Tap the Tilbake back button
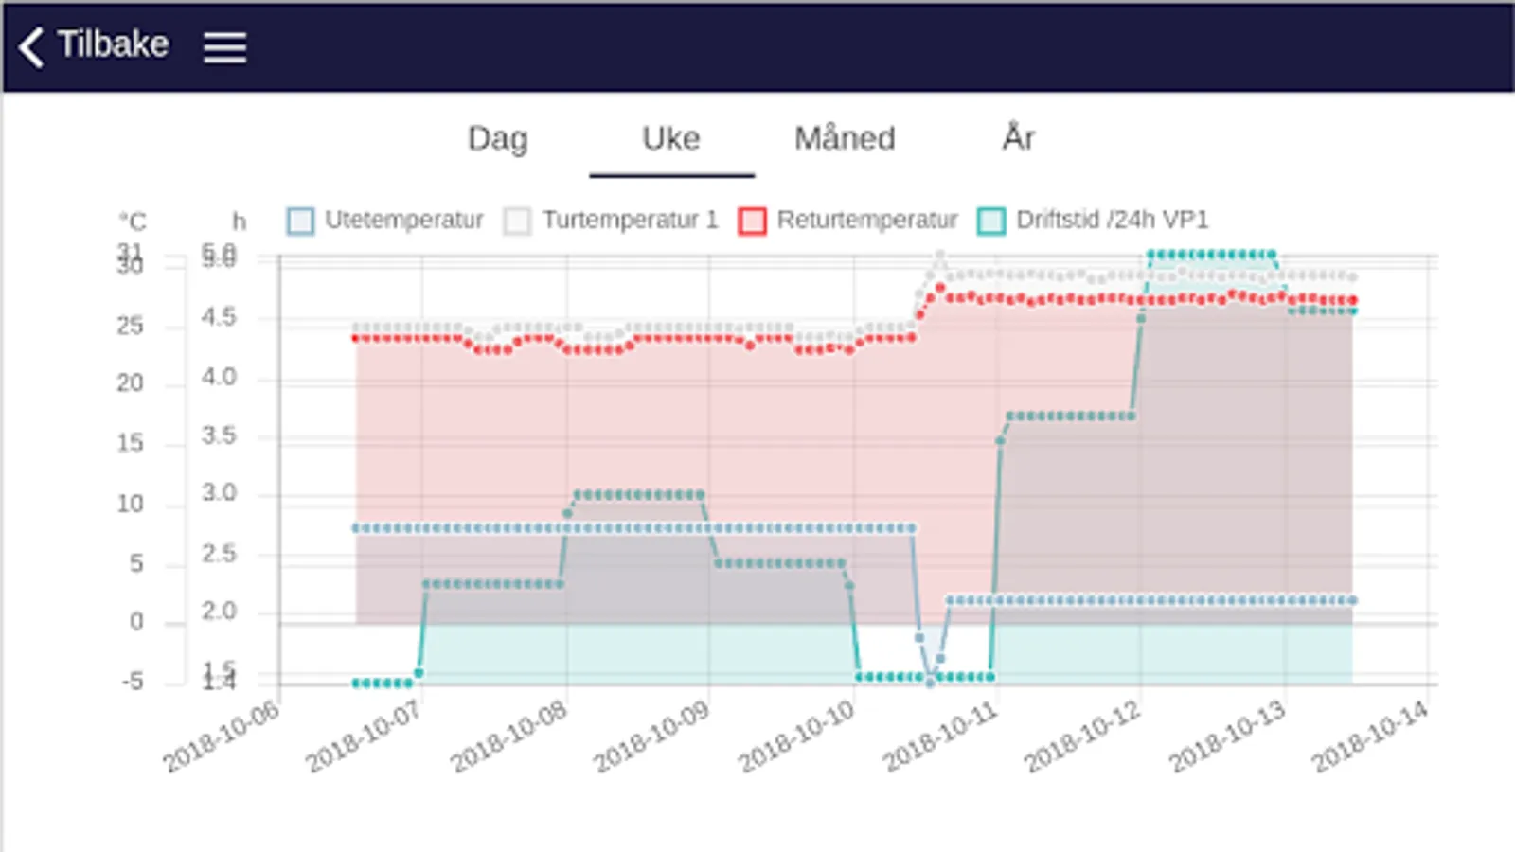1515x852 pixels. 95,44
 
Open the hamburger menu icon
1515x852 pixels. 224,46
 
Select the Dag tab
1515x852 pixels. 497,139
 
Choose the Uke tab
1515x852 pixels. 670,139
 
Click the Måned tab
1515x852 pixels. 845,139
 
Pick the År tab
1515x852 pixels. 1018,138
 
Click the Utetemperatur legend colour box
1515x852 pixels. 300,221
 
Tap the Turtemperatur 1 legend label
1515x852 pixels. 630,221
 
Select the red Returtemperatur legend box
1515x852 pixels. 752,221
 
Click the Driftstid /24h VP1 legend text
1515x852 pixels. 1112,221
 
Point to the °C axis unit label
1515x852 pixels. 133,222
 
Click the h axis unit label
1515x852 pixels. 239,222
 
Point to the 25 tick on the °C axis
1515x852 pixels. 130,327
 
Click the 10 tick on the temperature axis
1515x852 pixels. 130,504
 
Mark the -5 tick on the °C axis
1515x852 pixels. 133,681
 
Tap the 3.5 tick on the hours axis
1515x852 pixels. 219,436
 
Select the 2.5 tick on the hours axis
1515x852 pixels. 219,554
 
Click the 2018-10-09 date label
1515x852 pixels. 651,737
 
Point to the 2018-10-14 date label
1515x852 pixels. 1369,737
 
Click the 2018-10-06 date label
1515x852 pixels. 221,737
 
